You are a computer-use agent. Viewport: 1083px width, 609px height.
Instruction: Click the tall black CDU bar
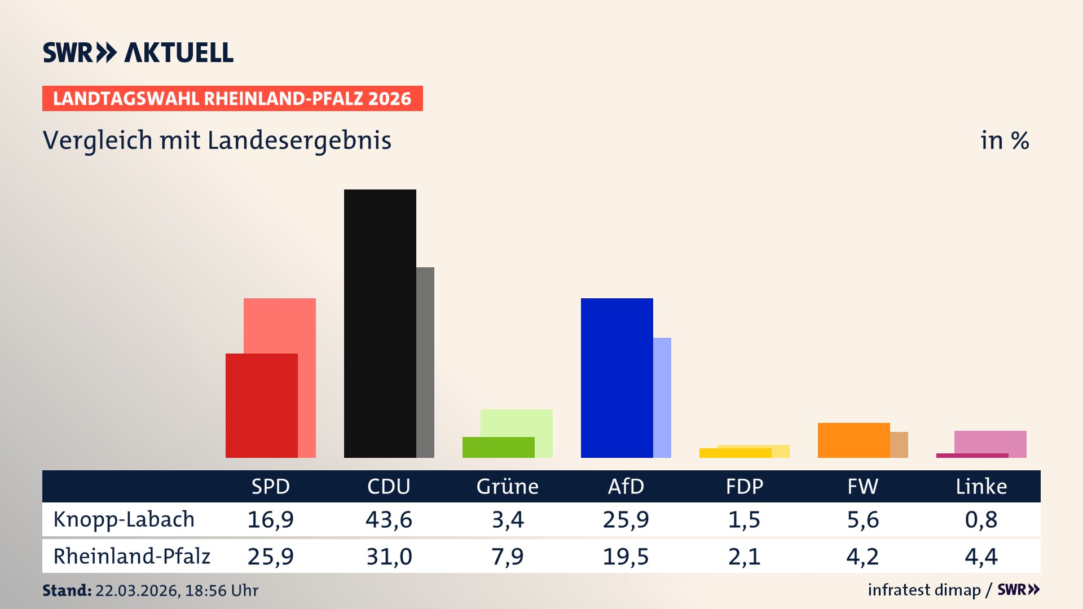point(380,323)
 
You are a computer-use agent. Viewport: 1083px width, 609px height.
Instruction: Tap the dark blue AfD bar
point(617,378)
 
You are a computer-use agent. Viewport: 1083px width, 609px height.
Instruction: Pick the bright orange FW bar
point(853,440)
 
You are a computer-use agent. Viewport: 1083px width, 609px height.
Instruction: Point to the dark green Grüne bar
point(498,447)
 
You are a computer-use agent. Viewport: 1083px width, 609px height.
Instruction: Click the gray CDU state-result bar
point(425,362)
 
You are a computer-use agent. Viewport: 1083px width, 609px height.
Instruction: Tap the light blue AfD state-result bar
point(662,397)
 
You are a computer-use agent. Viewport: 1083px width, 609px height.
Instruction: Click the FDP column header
point(744,486)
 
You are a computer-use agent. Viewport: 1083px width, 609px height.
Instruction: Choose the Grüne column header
point(507,486)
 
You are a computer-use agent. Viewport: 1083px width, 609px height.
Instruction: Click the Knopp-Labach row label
point(124,519)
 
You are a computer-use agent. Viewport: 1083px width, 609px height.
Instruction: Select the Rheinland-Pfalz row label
point(131,557)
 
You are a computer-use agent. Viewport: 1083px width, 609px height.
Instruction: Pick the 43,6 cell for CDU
point(389,519)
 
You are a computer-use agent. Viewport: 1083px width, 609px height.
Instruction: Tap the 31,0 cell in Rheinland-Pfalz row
point(389,557)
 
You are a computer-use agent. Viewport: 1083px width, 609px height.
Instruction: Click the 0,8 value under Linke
point(981,519)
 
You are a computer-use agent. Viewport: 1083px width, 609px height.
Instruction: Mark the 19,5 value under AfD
point(626,557)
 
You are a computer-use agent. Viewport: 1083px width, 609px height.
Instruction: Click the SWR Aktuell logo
point(138,52)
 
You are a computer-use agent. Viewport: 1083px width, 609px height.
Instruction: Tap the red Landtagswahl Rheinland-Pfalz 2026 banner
point(232,99)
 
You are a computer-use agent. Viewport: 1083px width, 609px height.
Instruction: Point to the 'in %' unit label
point(1004,140)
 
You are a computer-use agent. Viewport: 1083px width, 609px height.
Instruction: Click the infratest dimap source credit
point(924,590)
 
